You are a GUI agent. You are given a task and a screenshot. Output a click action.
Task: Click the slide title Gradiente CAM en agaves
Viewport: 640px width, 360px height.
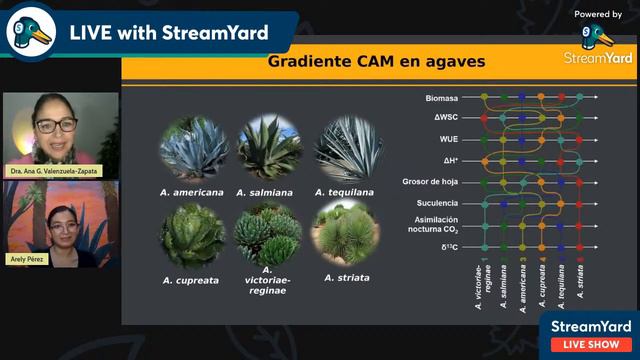pyautogui.click(x=376, y=62)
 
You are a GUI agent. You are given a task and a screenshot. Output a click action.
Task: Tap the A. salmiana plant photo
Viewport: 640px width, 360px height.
pyautogui.click(x=270, y=146)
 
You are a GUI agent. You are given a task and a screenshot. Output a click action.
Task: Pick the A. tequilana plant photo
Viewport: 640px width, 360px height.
pyautogui.click(x=348, y=146)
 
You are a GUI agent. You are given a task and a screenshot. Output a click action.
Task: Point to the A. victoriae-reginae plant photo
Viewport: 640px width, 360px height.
pyautogui.click(x=269, y=231)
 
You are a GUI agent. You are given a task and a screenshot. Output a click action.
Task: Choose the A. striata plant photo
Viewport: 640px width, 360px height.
pyautogui.click(x=346, y=233)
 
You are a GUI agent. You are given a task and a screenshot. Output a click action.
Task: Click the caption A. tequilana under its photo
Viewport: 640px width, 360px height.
pyautogui.click(x=348, y=191)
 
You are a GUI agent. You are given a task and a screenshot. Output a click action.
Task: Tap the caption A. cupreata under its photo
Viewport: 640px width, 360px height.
pyautogui.click(x=192, y=280)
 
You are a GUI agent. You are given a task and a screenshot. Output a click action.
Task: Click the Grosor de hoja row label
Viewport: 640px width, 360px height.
pyautogui.click(x=431, y=181)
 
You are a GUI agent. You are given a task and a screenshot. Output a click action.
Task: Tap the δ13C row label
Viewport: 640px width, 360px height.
pyautogui.click(x=448, y=246)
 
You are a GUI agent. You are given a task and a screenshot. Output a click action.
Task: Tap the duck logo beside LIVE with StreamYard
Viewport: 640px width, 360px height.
pyautogui.click(x=30, y=32)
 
